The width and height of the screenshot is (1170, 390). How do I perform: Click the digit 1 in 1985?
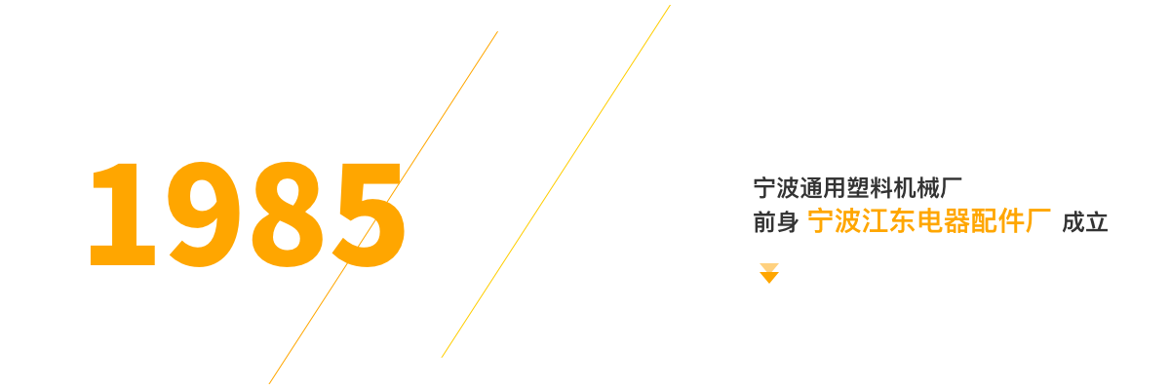pyautogui.click(x=123, y=214)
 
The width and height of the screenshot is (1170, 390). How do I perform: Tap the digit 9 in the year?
pyautogui.click(x=204, y=214)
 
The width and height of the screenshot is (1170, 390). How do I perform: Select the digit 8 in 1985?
pyautogui.click(x=287, y=214)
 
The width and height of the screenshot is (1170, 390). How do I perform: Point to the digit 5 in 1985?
pyautogui.click(x=369, y=215)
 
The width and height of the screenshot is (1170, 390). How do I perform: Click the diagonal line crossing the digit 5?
pyautogui.click(x=383, y=208)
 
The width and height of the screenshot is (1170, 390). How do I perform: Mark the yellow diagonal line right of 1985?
pyautogui.click(x=556, y=181)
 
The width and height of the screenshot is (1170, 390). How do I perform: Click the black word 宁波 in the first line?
pyautogui.click(x=776, y=188)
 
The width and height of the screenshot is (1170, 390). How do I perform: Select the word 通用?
pyautogui.click(x=823, y=188)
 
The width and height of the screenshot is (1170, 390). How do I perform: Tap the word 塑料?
pyautogui.click(x=870, y=188)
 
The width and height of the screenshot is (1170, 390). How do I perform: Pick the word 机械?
pyautogui.click(x=916, y=188)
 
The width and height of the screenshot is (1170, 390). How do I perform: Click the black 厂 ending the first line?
pyautogui.click(x=952, y=188)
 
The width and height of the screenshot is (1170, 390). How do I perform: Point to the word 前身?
pyautogui.click(x=776, y=222)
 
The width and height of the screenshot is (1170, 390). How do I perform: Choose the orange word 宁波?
pyautogui.click(x=835, y=221)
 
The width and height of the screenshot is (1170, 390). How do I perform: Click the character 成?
pyautogui.click(x=1073, y=222)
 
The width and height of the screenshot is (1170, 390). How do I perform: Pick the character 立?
pyautogui.click(x=1097, y=222)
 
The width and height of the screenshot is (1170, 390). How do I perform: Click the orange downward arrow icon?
pyautogui.click(x=769, y=273)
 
